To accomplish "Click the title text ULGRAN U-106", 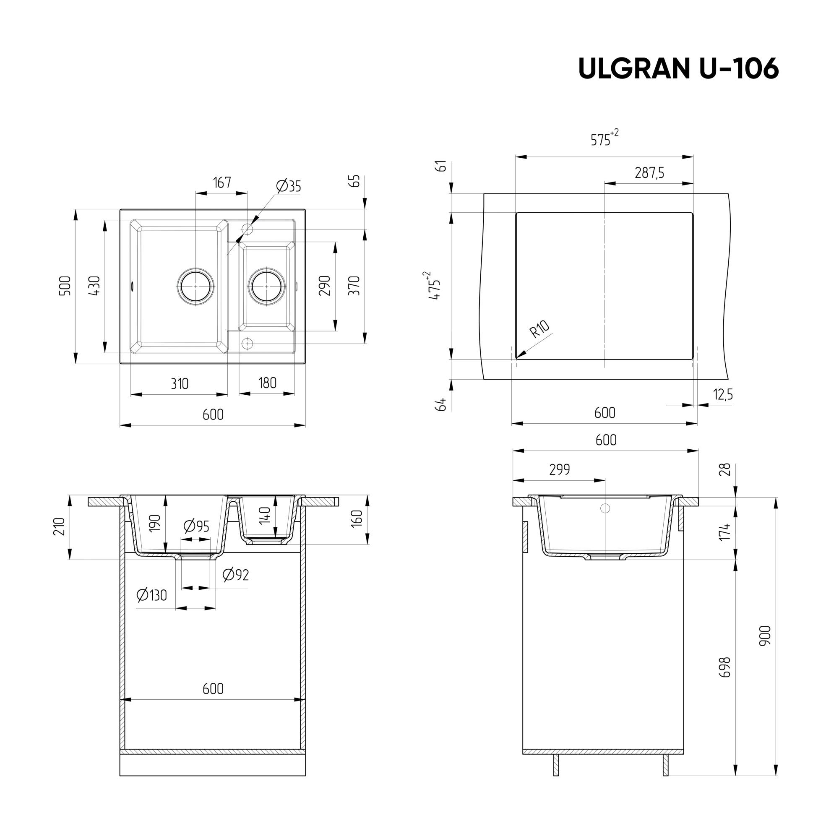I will click(678, 68).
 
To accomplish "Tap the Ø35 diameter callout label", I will click(288, 186).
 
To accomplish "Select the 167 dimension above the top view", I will click(222, 183).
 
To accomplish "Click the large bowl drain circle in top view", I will click(195, 287).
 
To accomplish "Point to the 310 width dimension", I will click(180, 384).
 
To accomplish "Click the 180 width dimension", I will click(267, 383).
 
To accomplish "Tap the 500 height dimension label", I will click(65, 286).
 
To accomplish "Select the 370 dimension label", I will click(355, 286).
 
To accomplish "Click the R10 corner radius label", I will click(540, 329).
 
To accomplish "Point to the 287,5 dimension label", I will click(649, 173).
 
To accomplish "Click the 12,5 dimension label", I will click(723, 395).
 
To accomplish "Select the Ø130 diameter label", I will click(151, 595).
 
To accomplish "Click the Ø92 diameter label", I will click(235, 575).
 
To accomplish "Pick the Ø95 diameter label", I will click(196, 526).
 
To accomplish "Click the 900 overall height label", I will click(765, 636).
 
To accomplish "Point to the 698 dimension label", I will click(725, 667).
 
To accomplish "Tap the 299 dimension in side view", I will click(559, 470).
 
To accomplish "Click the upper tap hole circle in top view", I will click(247, 229).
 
